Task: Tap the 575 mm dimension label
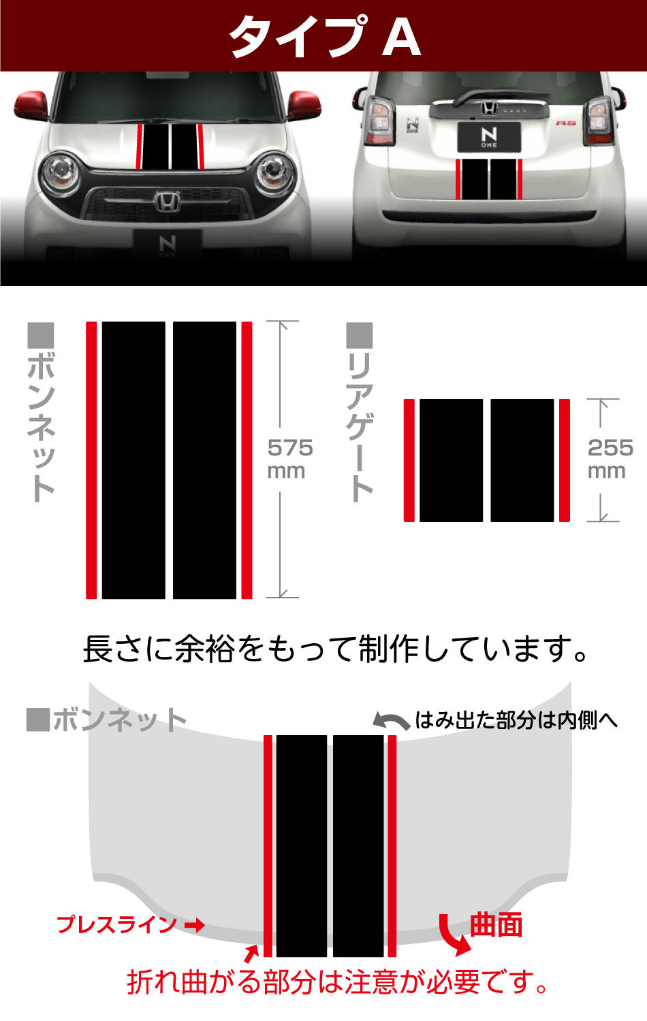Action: tap(289, 458)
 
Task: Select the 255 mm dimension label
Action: tap(610, 458)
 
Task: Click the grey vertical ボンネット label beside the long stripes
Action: tap(41, 412)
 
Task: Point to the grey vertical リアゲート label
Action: tap(360, 412)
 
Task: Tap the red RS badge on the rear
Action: tap(565, 123)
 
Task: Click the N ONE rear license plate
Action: tap(489, 137)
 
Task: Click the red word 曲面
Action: tap(496, 925)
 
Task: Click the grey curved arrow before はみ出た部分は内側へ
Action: tap(391, 721)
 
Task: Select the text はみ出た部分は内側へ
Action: tap(516, 719)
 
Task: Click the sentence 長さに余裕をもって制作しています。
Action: tap(335, 649)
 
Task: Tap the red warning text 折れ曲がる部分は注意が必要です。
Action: tap(337, 982)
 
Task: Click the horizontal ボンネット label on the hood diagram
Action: tap(108, 719)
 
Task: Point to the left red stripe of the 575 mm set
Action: tap(91, 460)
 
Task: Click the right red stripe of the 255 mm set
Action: tap(565, 460)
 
